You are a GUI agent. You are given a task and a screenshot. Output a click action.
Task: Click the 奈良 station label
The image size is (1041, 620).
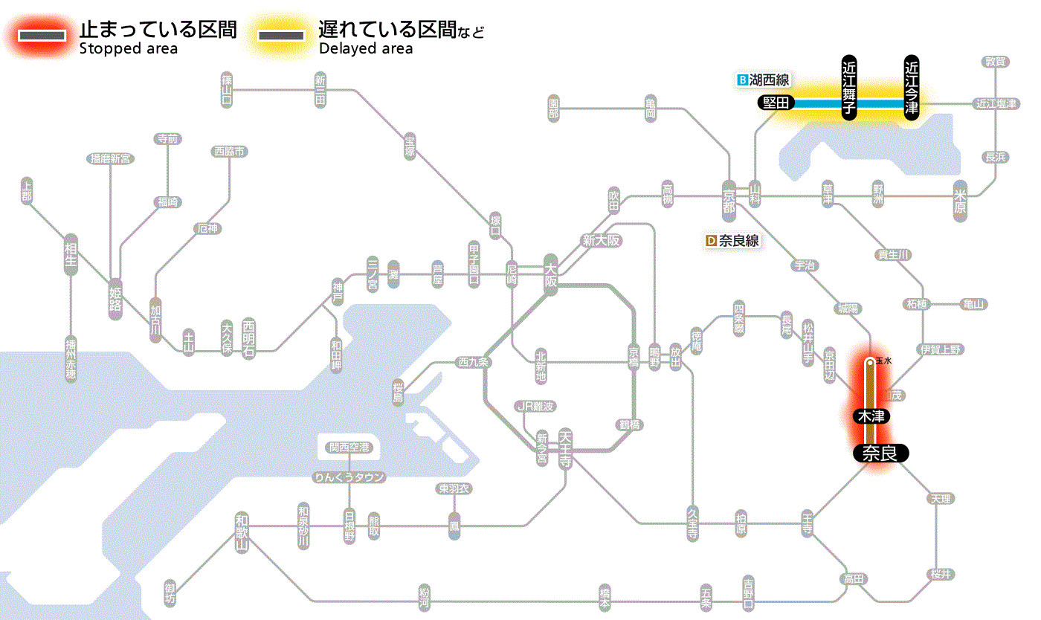[x=880, y=453]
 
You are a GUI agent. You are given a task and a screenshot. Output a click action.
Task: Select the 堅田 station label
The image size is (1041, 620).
[x=776, y=103]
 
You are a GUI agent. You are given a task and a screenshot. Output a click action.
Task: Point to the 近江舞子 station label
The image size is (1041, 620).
[x=849, y=87]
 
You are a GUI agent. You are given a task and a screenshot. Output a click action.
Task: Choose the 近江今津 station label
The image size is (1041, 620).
[x=911, y=87]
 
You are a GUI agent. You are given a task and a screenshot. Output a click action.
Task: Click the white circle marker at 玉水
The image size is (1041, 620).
[x=869, y=363]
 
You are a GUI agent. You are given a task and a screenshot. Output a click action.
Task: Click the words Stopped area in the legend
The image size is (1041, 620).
[x=128, y=49]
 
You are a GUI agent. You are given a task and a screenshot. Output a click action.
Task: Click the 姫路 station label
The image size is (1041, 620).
[x=115, y=298]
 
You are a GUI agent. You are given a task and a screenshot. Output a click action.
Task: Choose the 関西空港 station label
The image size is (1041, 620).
[x=349, y=448]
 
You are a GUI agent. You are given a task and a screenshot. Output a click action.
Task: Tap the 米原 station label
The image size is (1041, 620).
[x=961, y=201]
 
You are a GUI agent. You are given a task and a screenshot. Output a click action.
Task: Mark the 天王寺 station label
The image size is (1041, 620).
[x=565, y=445]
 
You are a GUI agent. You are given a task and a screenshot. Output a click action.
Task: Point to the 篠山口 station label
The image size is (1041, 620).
[x=228, y=88]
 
